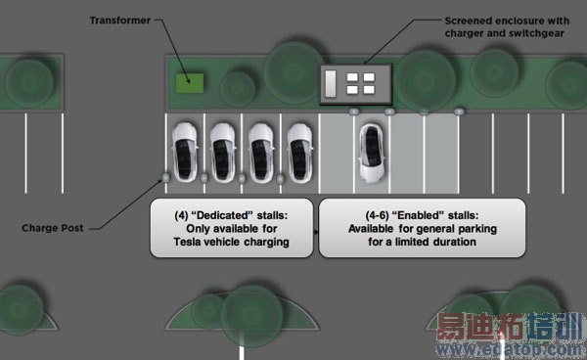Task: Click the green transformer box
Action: (190, 83)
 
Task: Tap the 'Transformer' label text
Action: (120, 21)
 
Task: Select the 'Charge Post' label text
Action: (53, 228)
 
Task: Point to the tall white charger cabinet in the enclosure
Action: (331, 84)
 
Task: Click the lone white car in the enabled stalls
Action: (372, 153)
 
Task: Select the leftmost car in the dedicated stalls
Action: (185, 153)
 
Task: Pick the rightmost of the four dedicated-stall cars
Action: (300, 153)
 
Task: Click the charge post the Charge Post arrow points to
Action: (166, 178)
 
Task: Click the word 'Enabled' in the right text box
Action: (417, 215)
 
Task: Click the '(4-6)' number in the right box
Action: (377, 215)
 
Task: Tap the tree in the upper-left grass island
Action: (29, 83)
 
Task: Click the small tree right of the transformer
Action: (238, 89)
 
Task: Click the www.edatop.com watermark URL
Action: (511, 350)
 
